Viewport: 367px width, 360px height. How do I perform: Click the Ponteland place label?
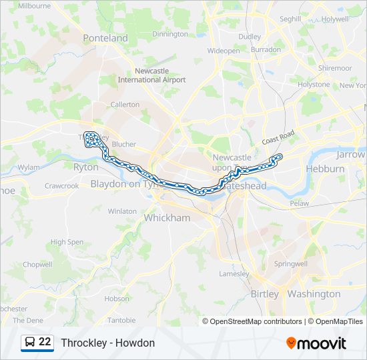(105, 38)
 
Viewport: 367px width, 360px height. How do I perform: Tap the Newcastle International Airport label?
(151, 75)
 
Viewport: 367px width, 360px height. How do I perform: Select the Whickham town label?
(167, 218)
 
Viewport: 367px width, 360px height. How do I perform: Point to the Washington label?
(314, 294)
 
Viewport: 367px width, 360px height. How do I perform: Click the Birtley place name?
(266, 294)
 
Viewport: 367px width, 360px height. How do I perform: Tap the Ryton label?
(85, 167)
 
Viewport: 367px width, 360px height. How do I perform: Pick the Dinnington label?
(170, 34)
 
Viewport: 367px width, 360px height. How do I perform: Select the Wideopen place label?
(224, 51)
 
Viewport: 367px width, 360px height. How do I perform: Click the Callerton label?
(125, 105)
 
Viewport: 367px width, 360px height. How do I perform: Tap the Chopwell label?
(37, 265)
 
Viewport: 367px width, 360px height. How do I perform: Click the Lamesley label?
(234, 274)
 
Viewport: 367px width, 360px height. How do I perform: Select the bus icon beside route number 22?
(29, 343)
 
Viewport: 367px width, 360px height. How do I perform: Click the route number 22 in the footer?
(45, 342)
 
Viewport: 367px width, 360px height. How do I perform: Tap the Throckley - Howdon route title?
(107, 343)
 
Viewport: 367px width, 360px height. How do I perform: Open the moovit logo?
(316, 343)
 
